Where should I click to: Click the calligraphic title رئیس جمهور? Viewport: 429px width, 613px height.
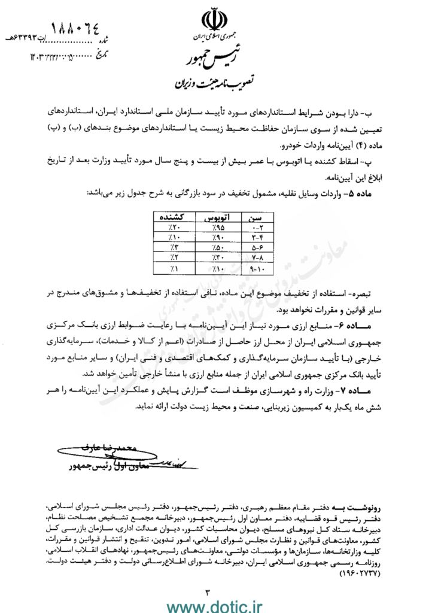[209, 59]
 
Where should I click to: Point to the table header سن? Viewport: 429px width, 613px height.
[255, 217]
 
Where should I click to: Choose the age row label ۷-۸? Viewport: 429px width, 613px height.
[255, 258]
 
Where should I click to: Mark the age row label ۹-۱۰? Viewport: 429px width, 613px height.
[255, 269]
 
